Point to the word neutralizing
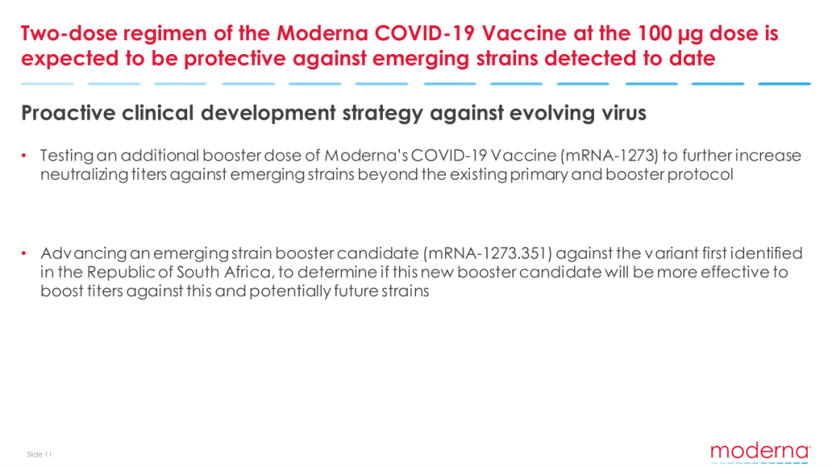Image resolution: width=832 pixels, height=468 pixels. point(84,175)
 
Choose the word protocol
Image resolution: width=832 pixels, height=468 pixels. point(699,175)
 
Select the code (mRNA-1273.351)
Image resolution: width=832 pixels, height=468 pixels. point(488,253)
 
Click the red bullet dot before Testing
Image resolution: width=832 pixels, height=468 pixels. point(24,155)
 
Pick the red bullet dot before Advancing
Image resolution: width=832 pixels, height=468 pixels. point(24,253)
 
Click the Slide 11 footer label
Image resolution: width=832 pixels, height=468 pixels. point(40,454)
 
